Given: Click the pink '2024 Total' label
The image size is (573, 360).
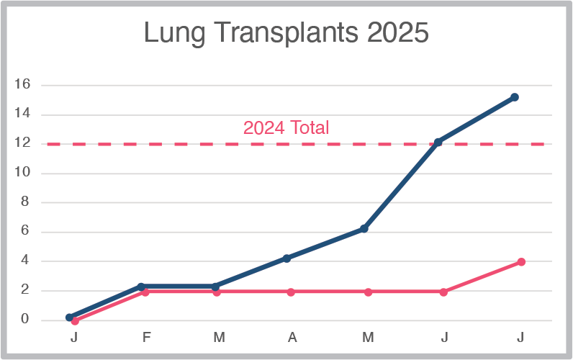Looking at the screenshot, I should tap(286, 128).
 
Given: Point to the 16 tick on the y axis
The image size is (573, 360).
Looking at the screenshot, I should tap(22, 84).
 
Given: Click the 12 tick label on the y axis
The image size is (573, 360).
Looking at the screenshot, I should tap(22, 143).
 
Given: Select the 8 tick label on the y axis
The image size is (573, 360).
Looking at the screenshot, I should tap(25, 202).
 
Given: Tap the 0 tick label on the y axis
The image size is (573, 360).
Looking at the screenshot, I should tap(25, 320).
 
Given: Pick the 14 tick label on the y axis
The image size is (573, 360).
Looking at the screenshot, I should tap(22, 114).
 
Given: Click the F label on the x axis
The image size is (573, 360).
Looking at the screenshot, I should tap(147, 337).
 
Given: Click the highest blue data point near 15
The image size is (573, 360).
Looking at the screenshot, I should tap(515, 97).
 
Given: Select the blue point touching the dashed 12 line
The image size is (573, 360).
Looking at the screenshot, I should tap(438, 142).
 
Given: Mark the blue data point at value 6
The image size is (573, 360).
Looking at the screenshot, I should tap(364, 229).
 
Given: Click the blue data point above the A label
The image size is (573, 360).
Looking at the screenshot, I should tap(286, 258).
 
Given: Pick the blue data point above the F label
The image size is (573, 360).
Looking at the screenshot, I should tap(142, 287).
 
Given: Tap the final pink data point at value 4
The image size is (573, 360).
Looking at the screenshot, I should tap(521, 262).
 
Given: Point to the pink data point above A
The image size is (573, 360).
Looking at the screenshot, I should tap(291, 292).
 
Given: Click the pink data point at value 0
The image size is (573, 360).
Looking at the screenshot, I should tap(75, 321).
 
